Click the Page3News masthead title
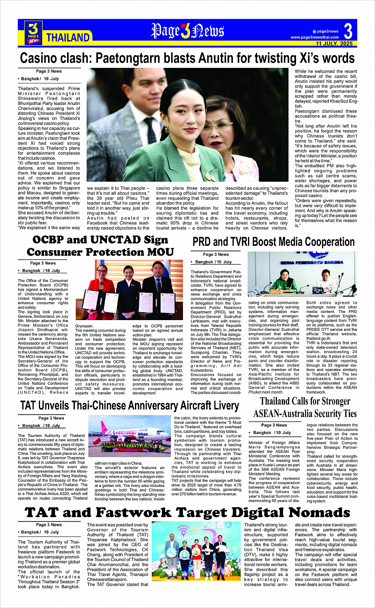(187, 31)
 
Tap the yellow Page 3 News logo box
(33, 32)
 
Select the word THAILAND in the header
(68, 38)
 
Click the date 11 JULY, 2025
(334, 43)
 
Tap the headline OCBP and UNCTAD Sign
(100, 240)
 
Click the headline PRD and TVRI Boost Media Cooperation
(273, 242)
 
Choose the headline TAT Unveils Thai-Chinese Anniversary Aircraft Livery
(129, 405)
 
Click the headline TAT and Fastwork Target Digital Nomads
(187, 512)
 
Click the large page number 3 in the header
(348, 31)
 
